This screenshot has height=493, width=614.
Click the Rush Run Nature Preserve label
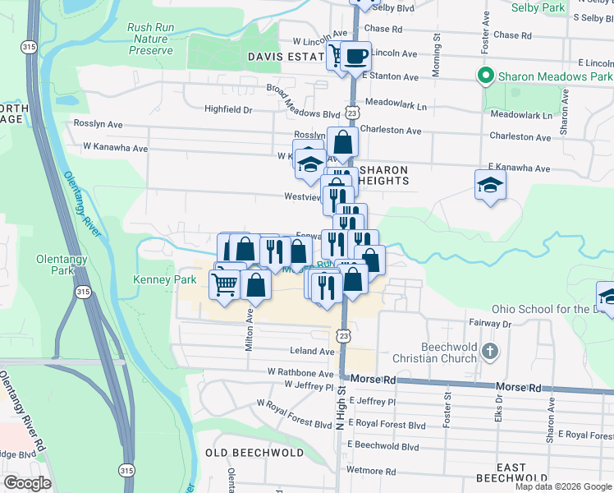pos(151,39)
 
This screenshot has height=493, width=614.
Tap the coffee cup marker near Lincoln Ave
pos(355,56)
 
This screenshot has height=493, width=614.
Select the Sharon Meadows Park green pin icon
pos(485,76)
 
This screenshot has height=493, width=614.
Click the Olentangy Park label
pos(56,265)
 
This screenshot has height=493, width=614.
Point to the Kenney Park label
pos(165,279)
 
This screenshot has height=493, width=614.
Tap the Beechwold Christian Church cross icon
pos(489,352)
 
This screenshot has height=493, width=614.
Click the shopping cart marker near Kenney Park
pos(225,284)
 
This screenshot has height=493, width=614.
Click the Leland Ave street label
pos(312,351)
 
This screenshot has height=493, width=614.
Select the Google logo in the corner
pos(26,483)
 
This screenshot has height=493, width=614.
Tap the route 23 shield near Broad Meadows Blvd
pos(351,110)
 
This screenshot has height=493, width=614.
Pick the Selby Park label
pos(538,7)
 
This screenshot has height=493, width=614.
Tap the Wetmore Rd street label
pos(365,471)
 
